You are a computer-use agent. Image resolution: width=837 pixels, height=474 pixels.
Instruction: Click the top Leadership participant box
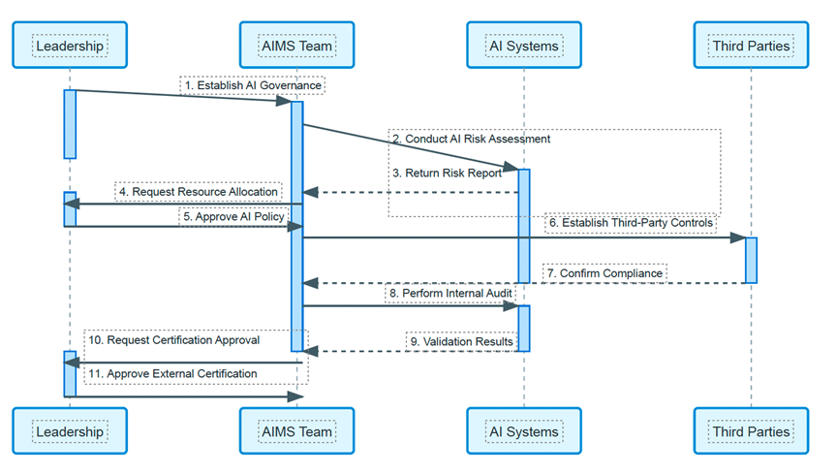[x=70, y=46]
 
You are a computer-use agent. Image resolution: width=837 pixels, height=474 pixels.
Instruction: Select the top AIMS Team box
[x=296, y=46]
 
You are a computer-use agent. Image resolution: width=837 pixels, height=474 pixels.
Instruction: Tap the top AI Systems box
[x=524, y=46]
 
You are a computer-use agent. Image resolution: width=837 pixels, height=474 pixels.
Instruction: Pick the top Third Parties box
[x=751, y=46]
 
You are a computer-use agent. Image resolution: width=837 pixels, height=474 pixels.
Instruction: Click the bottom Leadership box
[x=70, y=431]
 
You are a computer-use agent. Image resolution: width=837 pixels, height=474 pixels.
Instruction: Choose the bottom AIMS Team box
[x=296, y=431]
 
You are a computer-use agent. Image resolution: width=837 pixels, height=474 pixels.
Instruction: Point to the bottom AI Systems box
[x=524, y=431]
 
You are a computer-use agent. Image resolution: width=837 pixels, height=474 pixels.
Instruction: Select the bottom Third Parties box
[x=751, y=431]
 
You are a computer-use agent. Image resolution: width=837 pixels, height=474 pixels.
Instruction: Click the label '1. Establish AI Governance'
[x=253, y=85]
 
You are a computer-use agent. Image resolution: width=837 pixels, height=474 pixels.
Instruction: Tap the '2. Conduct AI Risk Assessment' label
[x=472, y=139]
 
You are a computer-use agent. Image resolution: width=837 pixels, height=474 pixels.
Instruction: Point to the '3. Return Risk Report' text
[x=448, y=174]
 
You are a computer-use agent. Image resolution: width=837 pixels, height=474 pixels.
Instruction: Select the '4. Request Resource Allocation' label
[x=199, y=192]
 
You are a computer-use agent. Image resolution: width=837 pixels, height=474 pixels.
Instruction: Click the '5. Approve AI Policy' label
[x=233, y=216]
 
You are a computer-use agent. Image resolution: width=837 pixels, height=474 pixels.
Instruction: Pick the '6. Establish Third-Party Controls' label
[x=631, y=223]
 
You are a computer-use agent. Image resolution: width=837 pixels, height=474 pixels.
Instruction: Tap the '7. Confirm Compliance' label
[x=604, y=273]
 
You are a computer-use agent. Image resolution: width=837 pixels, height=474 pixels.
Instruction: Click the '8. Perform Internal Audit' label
[x=450, y=294]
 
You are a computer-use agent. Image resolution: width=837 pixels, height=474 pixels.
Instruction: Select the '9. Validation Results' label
[x=462, y=342]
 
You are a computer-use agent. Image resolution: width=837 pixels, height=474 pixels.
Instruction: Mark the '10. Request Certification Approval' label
[x=174, y=340]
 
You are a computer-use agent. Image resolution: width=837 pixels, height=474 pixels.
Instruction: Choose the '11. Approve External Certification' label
[x=172, y=374]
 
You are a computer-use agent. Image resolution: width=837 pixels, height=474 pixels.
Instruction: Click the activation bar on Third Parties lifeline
[x=751, y=260]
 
